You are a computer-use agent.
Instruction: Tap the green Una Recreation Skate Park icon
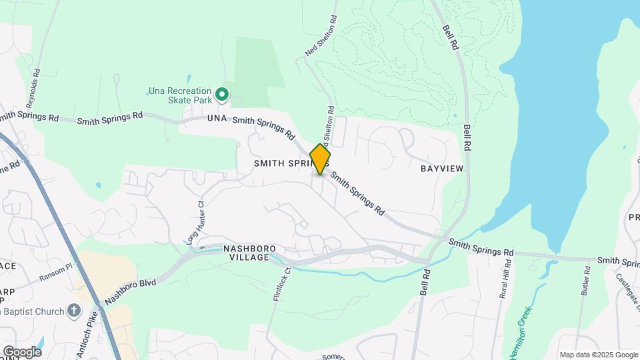pos(222,95)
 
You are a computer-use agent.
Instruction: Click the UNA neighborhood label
pos(217,119)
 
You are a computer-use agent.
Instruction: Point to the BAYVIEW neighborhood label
pos(441,169)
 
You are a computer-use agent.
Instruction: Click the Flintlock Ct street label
pos(282,285)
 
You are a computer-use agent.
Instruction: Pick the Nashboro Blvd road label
pos(131,291)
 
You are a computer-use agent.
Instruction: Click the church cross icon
pos(73,311)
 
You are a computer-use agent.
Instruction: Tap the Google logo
pos(22,351)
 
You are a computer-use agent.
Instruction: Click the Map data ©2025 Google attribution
pos(599,355)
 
